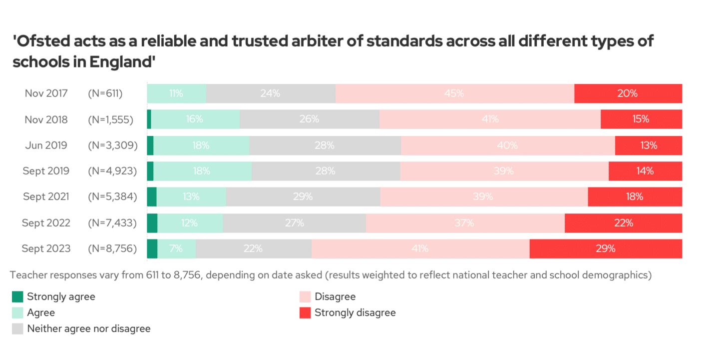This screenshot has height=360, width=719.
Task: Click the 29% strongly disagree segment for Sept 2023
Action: pyautogui.click(x=605, y=248)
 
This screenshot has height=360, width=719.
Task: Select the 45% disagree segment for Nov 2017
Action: pyautogui.click(x=455, y=93)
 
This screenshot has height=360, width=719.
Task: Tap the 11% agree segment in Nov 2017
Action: pyautogui.click(x=176, y=93)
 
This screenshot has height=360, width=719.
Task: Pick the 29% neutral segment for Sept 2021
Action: pyautogui.click(x=303, y=196)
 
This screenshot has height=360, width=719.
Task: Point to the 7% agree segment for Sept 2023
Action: pyautogui.click(x=176, y=248)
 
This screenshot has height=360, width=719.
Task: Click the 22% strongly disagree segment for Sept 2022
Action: pyautogui.click(x=623, y=223)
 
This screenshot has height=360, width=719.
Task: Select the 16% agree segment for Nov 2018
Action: pyautogui.click(x=195, y=119)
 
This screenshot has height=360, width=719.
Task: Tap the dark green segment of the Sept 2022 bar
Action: pyautogui.click(x=152, y=223)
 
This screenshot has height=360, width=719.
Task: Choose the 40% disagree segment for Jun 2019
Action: pyautogui.click(x=508, y=145)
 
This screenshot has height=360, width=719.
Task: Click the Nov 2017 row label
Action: pyautogui.click(x=46, y=93)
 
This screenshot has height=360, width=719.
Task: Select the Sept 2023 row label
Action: pyautogui.click(x=46, y=248)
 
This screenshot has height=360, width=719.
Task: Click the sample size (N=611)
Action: pyautogui.click(x=105, y=93)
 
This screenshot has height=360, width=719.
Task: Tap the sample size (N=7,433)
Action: pyautogui.click(x=112, y=223)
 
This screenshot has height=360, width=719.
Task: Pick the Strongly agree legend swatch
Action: pyautogui.click(x=17, y=297)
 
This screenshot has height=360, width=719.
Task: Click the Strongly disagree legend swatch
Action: pyautogui.click(x=305, y=313)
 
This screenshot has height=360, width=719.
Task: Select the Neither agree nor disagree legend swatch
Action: pyautogui.click(x=17, y=329)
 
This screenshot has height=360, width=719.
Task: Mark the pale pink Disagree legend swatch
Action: pyautogui.click(x=305, y=297)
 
